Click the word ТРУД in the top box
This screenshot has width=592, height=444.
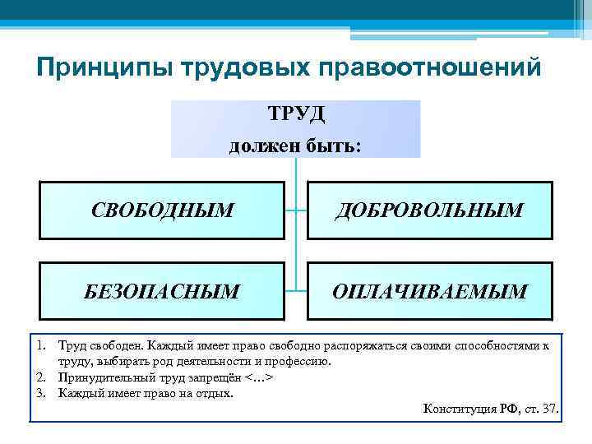tap(296, 113)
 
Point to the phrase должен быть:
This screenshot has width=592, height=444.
tap(295, 145)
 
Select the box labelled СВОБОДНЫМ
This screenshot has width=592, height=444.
tap(163, 210)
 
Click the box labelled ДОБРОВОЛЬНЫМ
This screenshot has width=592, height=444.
tap(429, 210)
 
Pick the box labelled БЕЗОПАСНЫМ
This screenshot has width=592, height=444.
tap(163, 291)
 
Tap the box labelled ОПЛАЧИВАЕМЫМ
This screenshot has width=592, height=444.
tap(429, 291)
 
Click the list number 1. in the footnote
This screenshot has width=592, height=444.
tap(39, 346)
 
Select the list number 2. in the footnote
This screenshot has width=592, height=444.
tap(39, 377)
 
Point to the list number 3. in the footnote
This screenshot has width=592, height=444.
tap(39, 393)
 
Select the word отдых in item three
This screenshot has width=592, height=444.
tap(215, 393)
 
